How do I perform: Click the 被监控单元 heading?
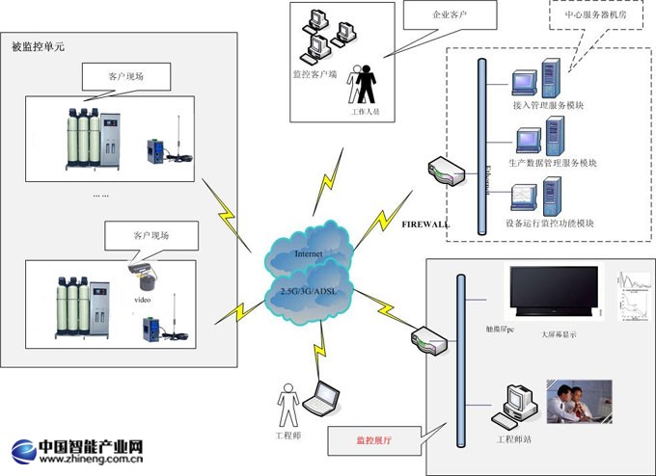38,46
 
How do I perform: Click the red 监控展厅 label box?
375,441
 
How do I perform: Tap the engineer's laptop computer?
321,398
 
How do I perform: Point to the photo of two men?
579,401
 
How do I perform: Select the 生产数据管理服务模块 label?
552,164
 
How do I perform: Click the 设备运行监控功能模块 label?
550,223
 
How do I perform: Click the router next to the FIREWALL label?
446,174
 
